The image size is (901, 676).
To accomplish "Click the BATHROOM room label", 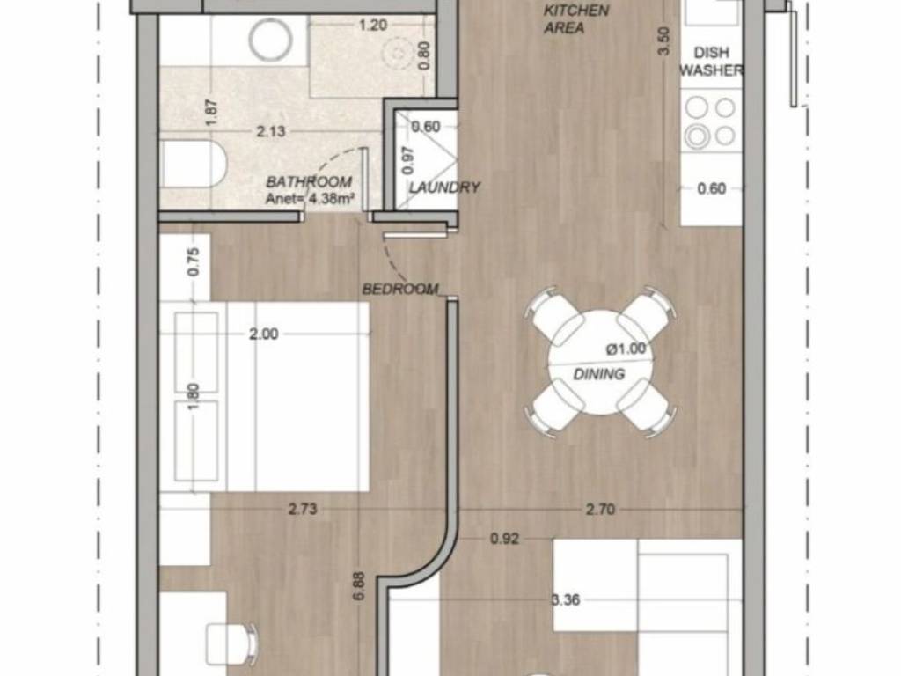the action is point(309,181).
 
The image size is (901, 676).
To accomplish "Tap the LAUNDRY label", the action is point(444,187).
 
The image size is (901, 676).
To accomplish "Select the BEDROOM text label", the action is point(400,289).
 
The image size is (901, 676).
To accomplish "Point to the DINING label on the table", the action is point(599,374).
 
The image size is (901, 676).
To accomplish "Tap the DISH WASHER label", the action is point(711,62).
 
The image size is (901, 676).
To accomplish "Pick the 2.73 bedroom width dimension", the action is point(303,509).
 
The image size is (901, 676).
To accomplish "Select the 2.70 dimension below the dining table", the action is point(600,509).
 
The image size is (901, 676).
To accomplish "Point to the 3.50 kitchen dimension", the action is point(663,40).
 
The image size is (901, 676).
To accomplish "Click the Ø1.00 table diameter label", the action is point(626,349).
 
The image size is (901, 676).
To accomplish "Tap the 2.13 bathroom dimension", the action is point(271,131).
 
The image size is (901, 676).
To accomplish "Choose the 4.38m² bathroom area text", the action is point(332,199).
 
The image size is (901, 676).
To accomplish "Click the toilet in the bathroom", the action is point(194,165).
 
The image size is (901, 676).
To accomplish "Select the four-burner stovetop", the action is point(711,121).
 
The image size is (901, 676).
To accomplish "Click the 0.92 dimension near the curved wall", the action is point(504,539).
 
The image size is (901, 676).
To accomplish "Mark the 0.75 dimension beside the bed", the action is point(194,261).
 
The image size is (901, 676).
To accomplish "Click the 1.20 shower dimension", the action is point(373,26).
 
